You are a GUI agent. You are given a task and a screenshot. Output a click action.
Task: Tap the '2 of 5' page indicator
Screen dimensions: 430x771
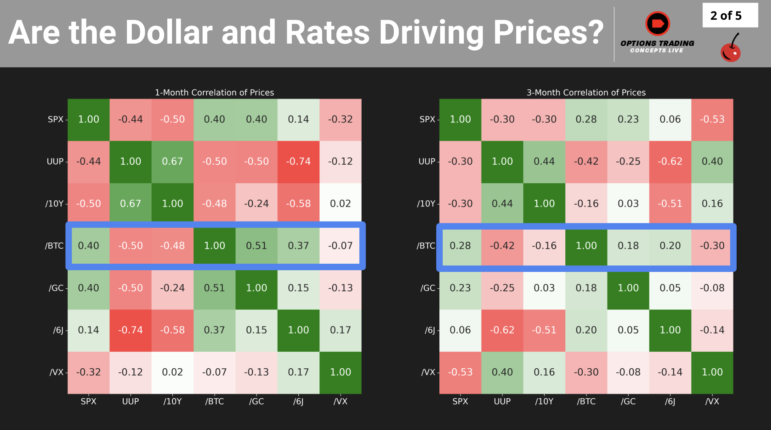click(x=726, y=16)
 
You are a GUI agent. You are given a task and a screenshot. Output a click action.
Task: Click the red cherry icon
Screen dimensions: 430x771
click(x=730, y=50)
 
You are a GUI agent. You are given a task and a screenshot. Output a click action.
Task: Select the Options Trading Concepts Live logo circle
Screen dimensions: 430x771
click(x=658, y=24)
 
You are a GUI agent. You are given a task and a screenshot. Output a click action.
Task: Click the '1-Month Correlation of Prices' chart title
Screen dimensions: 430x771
click(x=214, y=92)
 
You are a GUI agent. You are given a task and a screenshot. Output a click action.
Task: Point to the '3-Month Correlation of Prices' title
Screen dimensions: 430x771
click(x=586, y=92)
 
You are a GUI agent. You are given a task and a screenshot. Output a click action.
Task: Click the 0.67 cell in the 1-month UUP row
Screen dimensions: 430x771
click(x=172, y=161)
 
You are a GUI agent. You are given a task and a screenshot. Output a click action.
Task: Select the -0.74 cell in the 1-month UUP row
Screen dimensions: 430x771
click(x=298, y=161)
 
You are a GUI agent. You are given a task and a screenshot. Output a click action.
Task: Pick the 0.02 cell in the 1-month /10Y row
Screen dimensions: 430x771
click(x=340, y=203)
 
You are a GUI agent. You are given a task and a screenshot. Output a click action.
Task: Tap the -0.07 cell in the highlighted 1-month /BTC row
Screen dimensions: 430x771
click(x=340, y=246)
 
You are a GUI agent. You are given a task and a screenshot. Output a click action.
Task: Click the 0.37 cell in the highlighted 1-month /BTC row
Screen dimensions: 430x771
click(x=298, y=246)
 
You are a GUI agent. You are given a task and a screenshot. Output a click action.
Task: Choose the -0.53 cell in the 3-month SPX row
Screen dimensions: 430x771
click(x=712, y=119)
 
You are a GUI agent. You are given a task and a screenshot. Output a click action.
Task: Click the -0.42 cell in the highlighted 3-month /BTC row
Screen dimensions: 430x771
click(x=502, y=246)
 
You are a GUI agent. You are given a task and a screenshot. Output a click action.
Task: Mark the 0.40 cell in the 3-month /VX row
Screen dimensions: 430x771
click(x=502, y=372)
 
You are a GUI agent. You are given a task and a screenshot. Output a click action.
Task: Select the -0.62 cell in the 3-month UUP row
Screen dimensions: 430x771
click(x=670, y=161)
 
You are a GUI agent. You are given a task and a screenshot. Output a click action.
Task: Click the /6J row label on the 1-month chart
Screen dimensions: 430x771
click(x=58, y=330)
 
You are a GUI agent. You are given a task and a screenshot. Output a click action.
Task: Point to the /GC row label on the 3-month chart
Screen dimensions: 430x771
click(x=428, y=288)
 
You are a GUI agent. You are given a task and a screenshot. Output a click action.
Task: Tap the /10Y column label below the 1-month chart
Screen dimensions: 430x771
click(x=172, y=401)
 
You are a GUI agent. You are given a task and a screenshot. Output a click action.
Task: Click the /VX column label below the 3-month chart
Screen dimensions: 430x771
click(x=712, y=401)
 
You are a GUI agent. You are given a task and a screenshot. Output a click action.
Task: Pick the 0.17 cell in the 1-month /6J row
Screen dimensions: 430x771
click(x=340, y=330)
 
